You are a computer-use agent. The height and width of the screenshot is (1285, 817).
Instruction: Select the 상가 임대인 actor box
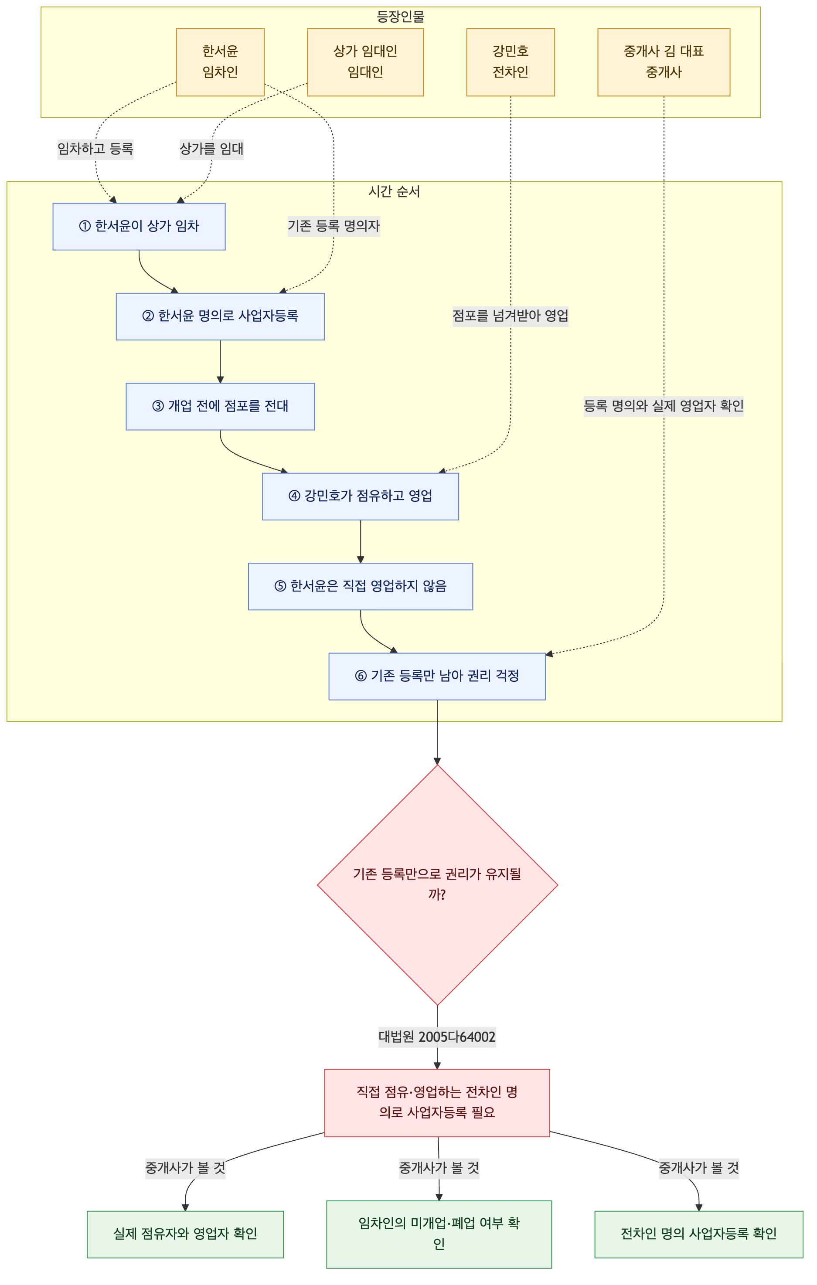[x=365, y=62]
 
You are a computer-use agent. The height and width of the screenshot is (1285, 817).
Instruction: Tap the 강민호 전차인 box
[x=510, y=62]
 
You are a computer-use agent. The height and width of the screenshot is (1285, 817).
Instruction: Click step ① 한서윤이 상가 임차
[x=139, y=226]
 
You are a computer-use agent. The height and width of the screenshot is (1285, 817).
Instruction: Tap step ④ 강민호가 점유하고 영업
[x=360, y=496]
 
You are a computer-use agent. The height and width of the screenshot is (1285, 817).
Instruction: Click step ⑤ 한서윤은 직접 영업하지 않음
[x=360, y=586]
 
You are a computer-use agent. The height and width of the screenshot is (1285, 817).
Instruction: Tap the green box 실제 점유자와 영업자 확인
[x=185, y=1234]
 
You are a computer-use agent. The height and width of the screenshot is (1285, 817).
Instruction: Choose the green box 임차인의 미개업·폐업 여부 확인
[x=439, y=1234]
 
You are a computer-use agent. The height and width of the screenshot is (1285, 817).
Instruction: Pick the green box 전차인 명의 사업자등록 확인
[x=698, y=1234]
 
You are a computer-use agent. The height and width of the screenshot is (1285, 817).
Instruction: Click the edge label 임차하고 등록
[x=95, y=149]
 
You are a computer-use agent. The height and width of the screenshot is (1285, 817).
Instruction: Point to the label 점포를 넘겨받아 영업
[x=510, y=316]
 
